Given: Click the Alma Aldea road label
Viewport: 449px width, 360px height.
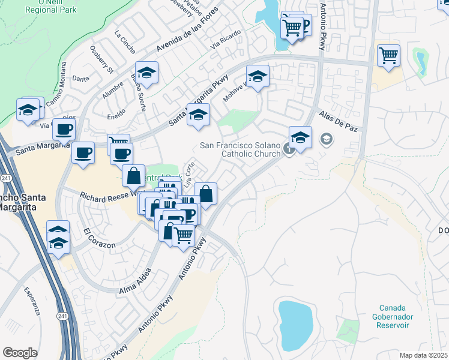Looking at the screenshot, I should click(x=135, y=283).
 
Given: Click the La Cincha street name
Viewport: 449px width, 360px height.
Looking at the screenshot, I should click(x=125, y=42).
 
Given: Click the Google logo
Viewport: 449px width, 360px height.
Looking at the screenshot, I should click(x=20, y=353).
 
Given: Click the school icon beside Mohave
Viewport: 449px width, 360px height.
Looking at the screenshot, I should click(x=258, y=76).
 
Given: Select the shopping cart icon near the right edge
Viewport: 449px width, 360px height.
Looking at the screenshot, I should click(x=389, y=55).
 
